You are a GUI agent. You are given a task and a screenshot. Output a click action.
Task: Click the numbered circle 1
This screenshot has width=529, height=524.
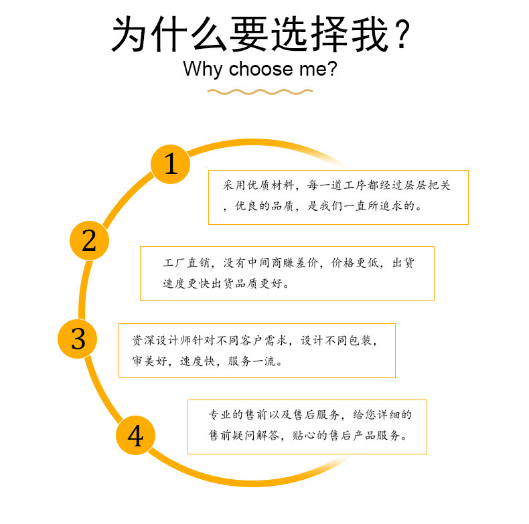[171, 163]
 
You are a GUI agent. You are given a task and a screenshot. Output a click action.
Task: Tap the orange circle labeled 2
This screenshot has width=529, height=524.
[89, 240]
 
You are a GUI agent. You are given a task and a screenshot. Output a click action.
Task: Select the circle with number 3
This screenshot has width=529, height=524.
[79, 339]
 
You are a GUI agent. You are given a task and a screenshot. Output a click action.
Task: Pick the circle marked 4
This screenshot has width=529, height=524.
[135, 436]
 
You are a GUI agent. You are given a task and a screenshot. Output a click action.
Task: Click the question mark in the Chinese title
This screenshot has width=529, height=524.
[402, 35]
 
